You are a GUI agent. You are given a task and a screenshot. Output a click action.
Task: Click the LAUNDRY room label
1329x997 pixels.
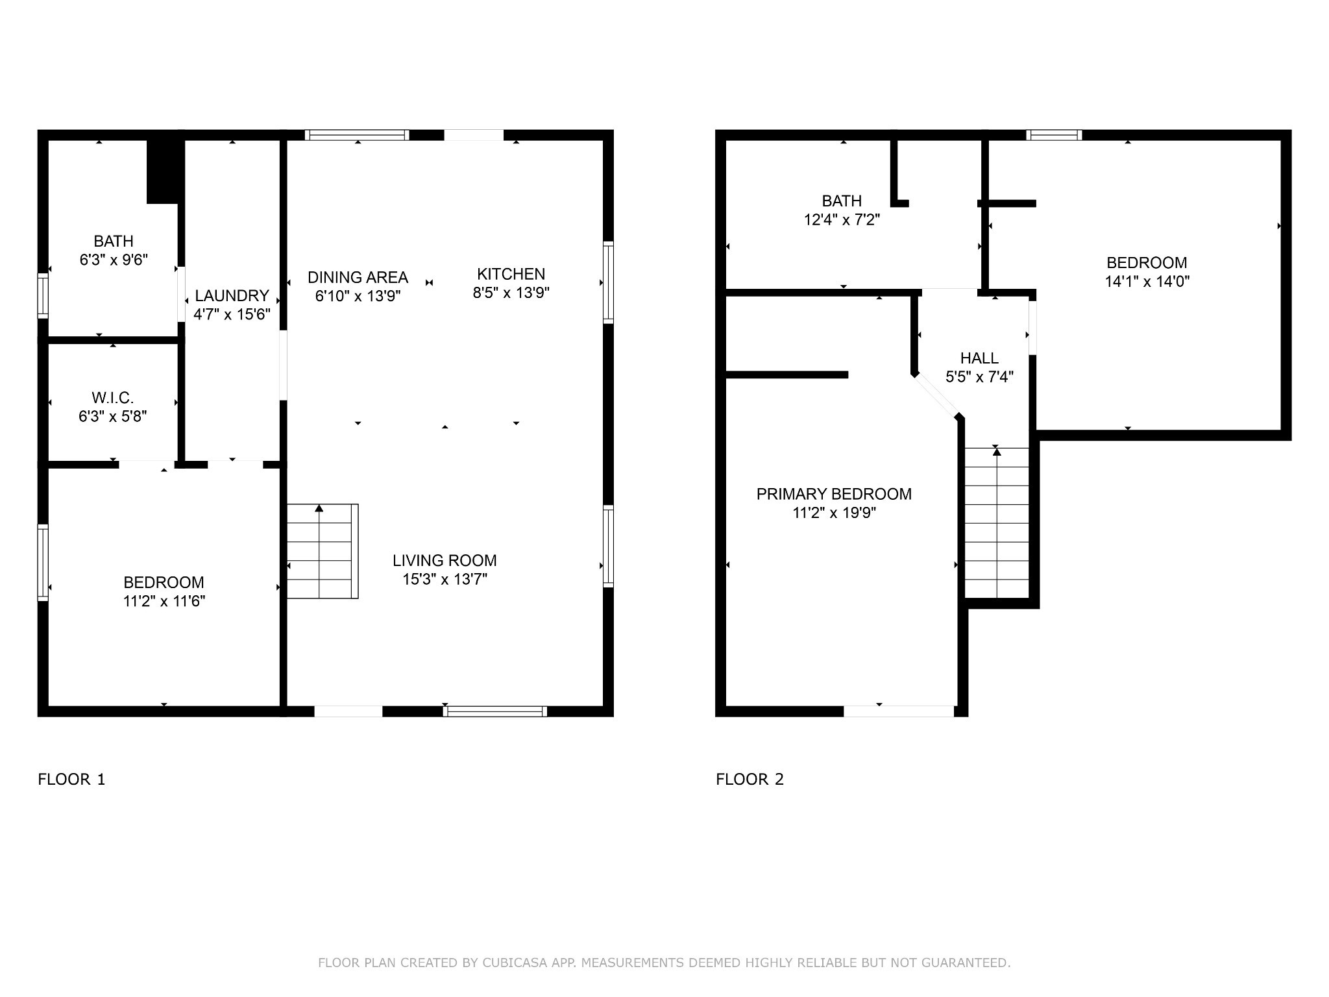[x=232, y=296]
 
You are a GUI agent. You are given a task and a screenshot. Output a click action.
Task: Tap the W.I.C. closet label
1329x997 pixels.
[x=113, y=397]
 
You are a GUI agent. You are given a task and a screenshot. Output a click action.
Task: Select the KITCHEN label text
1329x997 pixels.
[x=511, y=274]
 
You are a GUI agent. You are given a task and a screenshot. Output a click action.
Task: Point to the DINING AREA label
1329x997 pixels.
[x=358, y=278]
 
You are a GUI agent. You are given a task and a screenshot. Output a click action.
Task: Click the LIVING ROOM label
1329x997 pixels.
[x=445, y=561]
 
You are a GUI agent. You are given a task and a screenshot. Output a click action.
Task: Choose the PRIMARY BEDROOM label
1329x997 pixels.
[x=834, y=495]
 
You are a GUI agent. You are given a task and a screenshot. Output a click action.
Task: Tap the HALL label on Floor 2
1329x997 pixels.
[x=979, y=358]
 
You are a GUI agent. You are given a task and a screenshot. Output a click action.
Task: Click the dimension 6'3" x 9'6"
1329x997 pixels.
[x=114, y=260]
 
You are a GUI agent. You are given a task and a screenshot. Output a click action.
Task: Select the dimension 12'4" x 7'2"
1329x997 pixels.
[x=842, y=220]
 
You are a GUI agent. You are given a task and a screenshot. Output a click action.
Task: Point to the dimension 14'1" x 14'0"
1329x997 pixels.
[x=1147, y=282]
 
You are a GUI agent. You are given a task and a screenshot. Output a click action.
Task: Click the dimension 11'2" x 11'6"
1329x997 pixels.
[x=164, y=602]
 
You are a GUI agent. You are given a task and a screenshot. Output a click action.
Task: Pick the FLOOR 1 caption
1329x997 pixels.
[x=71, y=780]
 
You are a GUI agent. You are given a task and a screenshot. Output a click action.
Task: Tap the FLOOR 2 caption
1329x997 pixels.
[x=750, y=780]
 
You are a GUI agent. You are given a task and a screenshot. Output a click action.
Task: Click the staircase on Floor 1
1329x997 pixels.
[x=323, y=551]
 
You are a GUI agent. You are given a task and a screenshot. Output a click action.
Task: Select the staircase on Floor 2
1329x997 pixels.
[x=997, y=523]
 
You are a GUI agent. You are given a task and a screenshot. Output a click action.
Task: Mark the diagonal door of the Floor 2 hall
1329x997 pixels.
[x=937, y=397]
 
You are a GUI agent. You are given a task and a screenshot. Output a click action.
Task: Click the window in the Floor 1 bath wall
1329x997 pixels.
[x=43, y=296]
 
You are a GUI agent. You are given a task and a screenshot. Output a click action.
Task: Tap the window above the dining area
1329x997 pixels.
[x=357, y=135]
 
